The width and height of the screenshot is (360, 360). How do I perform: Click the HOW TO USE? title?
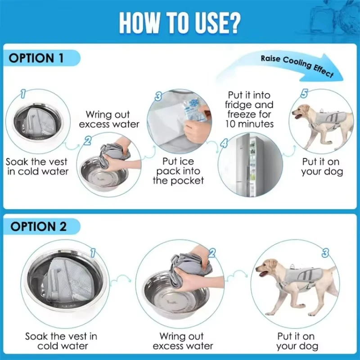coord(180,23)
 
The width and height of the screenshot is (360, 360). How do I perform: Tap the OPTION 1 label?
coord(36,58)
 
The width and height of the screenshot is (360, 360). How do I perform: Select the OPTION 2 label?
coord(38,227)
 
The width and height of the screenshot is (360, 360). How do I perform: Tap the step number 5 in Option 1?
coord(304,94)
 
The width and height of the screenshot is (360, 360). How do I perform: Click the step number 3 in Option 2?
coord(325,253)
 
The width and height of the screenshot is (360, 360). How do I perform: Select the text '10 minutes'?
coord(249,124)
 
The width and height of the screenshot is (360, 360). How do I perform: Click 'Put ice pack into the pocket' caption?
coord(178,171)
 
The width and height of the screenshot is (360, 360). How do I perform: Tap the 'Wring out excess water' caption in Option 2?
coord(183,341)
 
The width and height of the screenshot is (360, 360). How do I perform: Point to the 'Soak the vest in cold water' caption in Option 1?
coord(37,166)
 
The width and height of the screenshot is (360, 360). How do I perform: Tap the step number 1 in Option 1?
coord(23,94)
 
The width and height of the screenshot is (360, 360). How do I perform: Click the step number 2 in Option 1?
coord(87,140)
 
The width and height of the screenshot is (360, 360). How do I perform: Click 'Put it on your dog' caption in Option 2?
coord(297,341)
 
